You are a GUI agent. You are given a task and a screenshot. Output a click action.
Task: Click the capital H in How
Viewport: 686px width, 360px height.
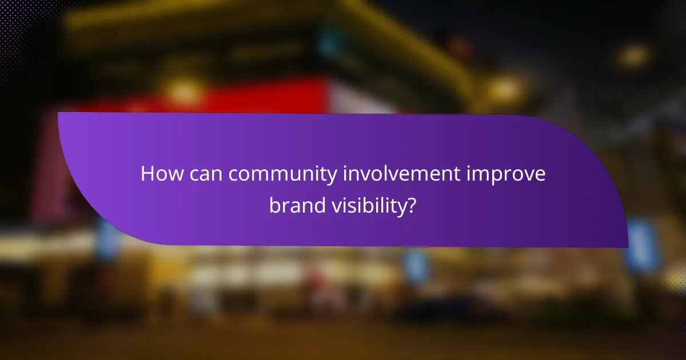[147, 174]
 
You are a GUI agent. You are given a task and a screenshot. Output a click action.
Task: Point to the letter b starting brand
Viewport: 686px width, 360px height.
[274, 205]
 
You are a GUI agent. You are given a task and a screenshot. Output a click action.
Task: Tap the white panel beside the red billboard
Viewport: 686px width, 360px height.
[360, 98]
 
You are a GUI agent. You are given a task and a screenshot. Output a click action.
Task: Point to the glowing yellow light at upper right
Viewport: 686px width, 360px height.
[633, 55]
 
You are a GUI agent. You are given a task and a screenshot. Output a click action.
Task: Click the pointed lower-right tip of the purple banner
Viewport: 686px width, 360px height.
[627, 246]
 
